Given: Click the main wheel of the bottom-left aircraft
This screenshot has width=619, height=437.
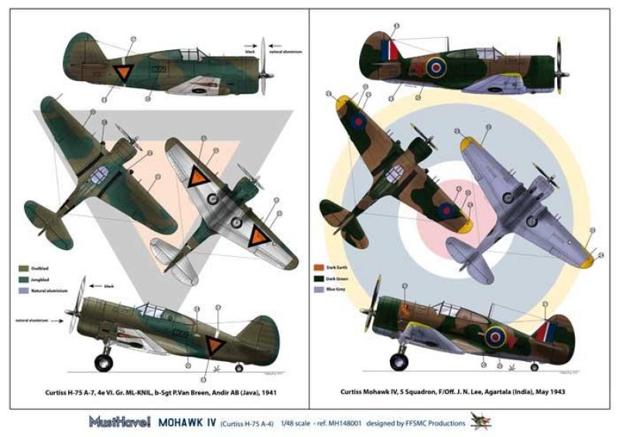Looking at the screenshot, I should coord(104,360).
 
